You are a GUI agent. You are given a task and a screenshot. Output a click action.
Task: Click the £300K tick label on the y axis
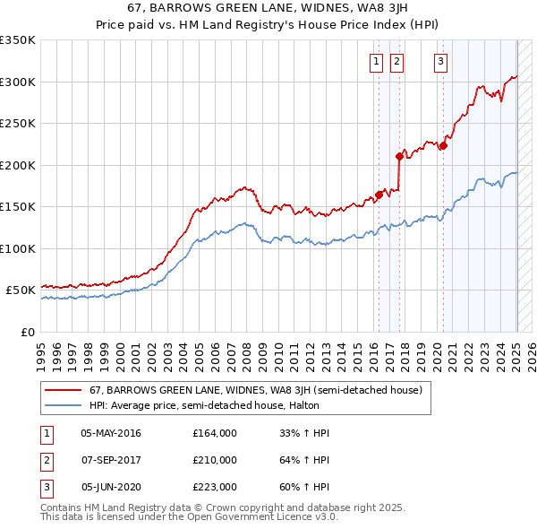point(18,82)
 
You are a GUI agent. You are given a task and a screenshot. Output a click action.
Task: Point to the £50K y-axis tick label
point(21,291)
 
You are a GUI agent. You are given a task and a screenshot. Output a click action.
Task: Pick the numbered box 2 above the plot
point(396,62)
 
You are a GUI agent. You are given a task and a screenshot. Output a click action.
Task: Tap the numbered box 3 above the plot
point(441,62)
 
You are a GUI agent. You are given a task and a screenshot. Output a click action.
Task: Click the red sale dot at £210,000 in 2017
point(400,156)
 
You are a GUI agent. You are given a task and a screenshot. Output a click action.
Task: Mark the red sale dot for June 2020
point(443,146)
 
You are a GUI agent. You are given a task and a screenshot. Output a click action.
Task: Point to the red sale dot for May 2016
point(379,195)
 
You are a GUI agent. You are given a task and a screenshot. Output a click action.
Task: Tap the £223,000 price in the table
point(215,487)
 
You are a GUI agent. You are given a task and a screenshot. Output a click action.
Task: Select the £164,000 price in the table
point(215,433)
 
